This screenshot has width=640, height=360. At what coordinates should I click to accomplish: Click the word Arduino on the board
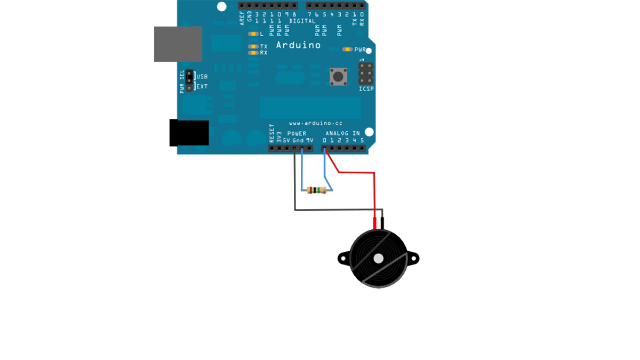(x=298, y=45)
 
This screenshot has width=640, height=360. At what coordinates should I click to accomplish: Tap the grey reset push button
(x=338, y=76)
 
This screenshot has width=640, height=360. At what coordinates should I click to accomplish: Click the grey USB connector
(x=178, y=44)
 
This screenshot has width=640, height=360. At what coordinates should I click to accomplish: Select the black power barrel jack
(x=189, y=133)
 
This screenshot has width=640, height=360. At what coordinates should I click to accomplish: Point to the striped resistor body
(x=317, y=190)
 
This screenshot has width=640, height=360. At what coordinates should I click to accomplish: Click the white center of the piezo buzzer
(x=379, y=259)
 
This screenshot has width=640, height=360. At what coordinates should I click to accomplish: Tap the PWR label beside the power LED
(x=361, y=50)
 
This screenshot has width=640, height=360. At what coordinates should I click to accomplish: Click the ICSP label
(x=366, y=89)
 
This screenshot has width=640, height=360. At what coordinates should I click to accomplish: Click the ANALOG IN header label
(x=342, y=133)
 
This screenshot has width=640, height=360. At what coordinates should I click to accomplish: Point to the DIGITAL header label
(x=302, y=21)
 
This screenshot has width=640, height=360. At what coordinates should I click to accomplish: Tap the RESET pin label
(x=271, y=133)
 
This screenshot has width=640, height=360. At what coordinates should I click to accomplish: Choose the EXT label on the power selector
(x=202, y=86)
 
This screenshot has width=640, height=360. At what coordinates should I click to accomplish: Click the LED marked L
(x=253, y=34)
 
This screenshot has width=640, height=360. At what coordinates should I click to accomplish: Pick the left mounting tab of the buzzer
(x=343, y=259)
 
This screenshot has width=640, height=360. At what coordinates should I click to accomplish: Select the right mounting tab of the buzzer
(x=414, y=259)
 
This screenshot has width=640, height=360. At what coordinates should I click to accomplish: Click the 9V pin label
(x=309, y=140)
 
